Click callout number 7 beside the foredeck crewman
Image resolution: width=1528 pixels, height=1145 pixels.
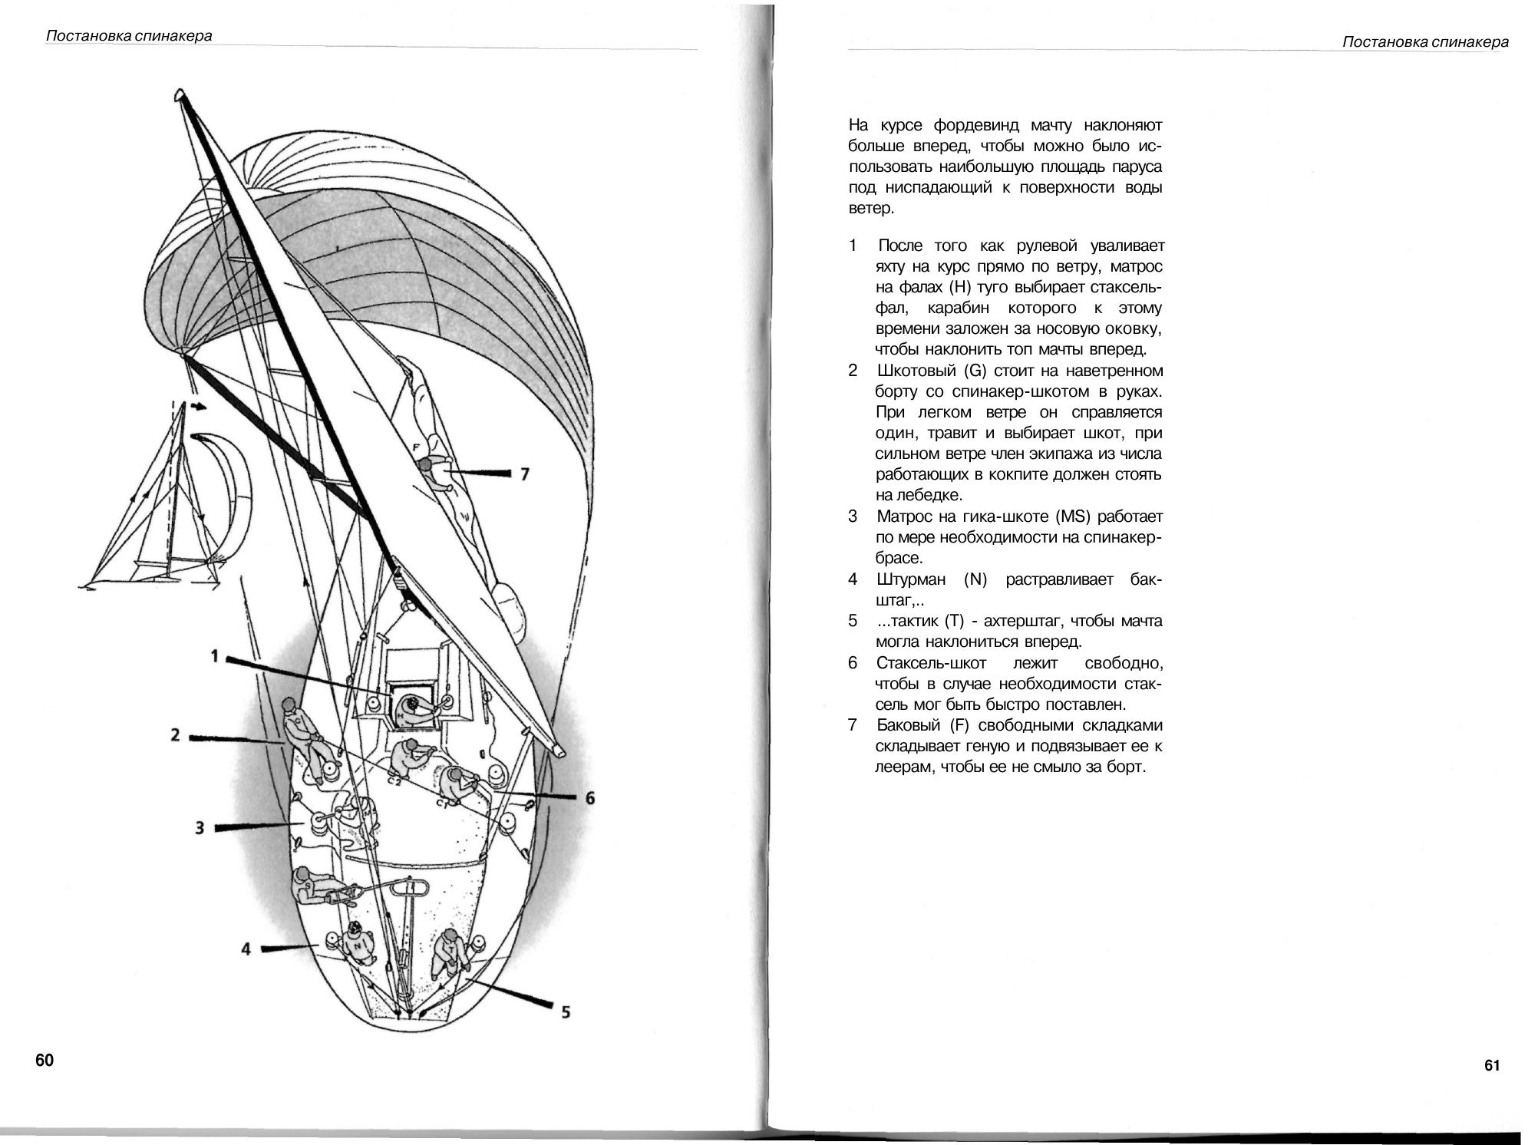point(525,474)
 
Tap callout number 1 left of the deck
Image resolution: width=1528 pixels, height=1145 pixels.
point(215,656)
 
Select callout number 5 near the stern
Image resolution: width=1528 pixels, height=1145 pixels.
point(566,1012)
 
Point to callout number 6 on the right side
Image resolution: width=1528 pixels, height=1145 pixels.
point(589,798)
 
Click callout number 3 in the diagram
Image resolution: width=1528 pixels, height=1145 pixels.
point(200,828)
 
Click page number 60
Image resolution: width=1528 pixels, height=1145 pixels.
point(45,1060)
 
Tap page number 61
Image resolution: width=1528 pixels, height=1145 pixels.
point(1492,1065)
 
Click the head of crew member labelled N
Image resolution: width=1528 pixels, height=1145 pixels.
point(355,931)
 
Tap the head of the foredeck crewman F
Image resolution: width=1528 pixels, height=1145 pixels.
point(426,464)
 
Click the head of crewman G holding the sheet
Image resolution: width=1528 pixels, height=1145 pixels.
point(289,704)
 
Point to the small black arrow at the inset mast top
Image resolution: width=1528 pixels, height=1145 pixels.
point(199,407)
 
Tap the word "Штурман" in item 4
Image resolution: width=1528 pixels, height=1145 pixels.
point(911,579)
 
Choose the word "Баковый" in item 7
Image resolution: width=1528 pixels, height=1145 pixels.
point(908,725)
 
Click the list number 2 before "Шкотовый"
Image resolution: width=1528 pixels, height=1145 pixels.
point(853,371)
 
